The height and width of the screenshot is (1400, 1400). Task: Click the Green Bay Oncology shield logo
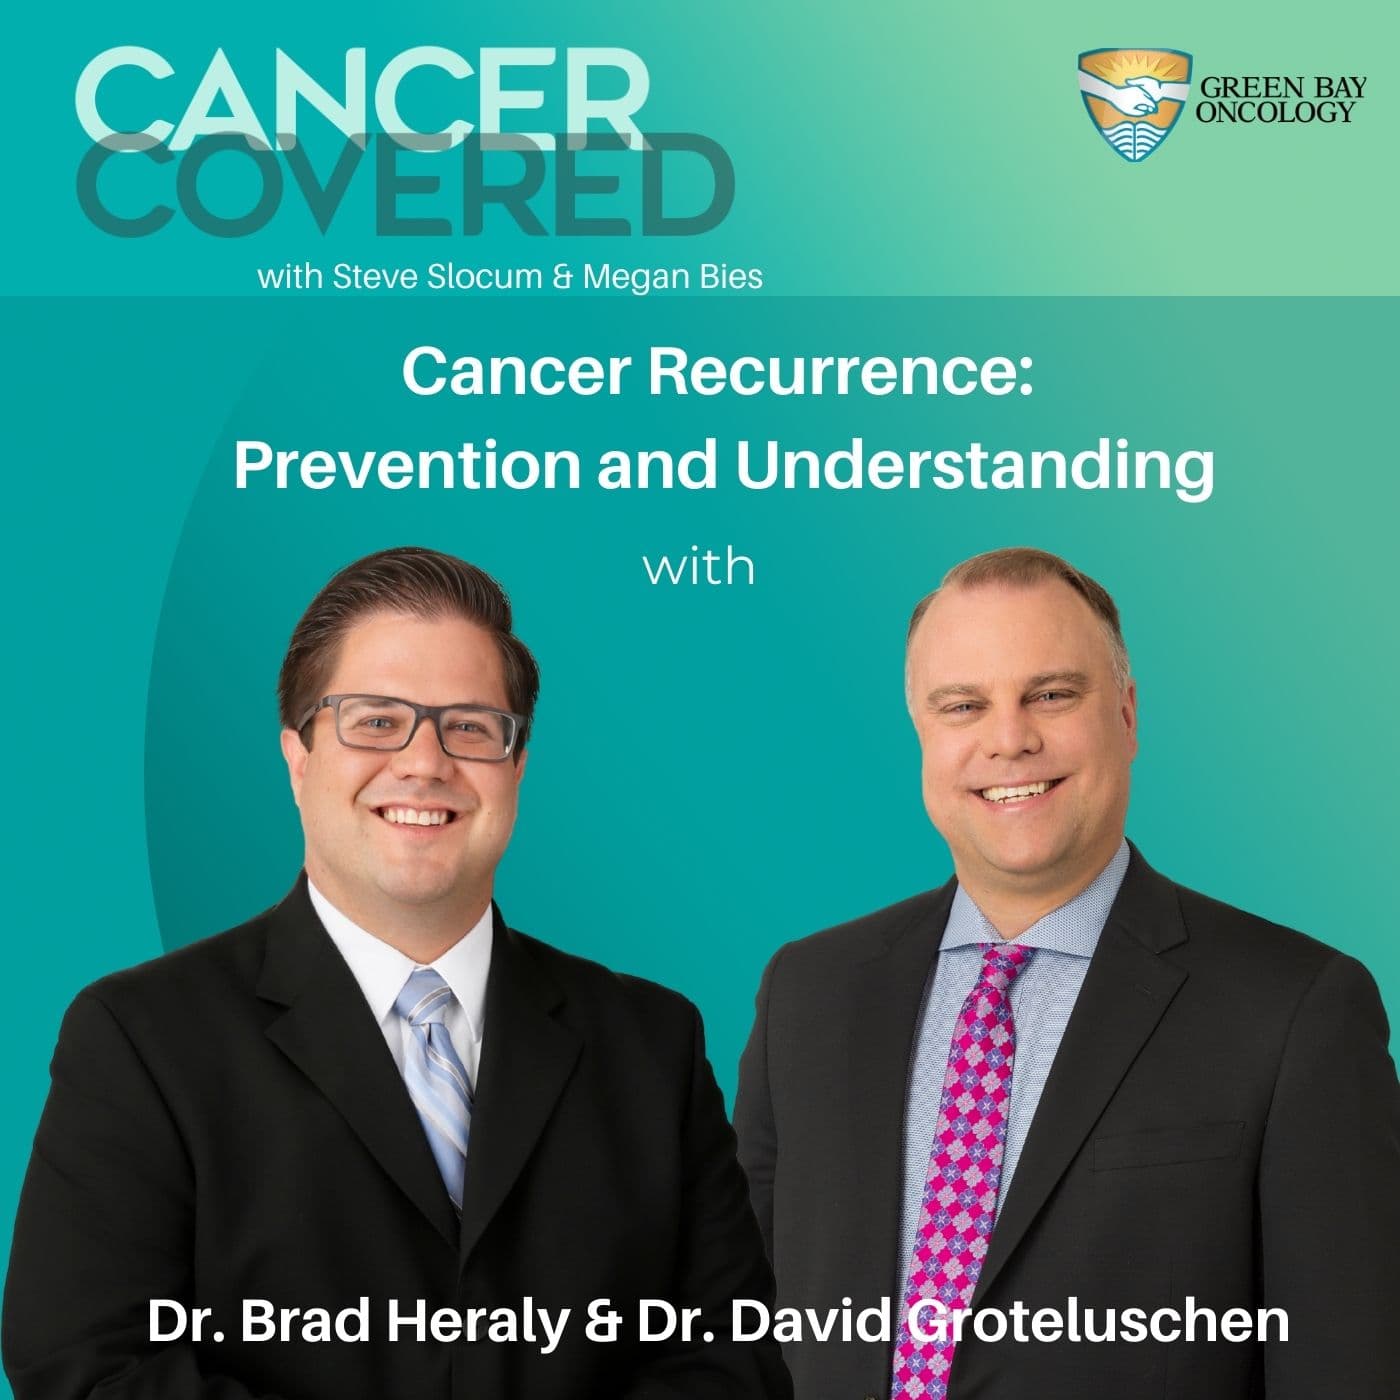coord(1134,104)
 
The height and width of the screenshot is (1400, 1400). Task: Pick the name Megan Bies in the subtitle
coord(672,277)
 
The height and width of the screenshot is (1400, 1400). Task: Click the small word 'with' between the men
coord(698,568)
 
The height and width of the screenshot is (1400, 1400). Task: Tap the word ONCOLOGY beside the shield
coord(1275,111)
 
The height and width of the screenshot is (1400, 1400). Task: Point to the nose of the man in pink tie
coord(1012,745)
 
